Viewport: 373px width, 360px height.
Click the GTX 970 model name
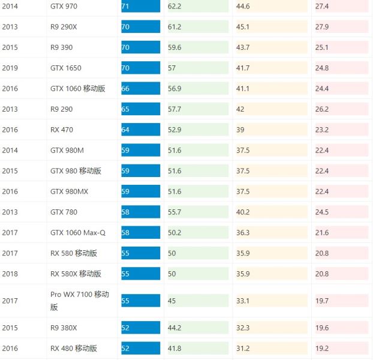(64, 7)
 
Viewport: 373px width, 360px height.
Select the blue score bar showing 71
(140, 7)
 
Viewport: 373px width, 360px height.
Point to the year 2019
(10, 68)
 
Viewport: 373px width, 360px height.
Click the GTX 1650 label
(66, 68)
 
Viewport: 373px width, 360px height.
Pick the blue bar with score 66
(140, 89)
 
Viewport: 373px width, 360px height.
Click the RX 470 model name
(62, 130)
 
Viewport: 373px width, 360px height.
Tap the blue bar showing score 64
(140, 130)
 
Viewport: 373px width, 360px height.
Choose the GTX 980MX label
(68, 191)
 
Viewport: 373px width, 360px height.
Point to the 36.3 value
(243, 233)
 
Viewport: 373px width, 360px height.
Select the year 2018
(10, 274)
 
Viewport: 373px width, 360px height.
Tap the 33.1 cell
(243, 301)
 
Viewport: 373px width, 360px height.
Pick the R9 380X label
(65, 328)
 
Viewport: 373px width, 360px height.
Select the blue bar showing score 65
(140, 109)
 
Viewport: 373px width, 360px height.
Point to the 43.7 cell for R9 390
(243, 47)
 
